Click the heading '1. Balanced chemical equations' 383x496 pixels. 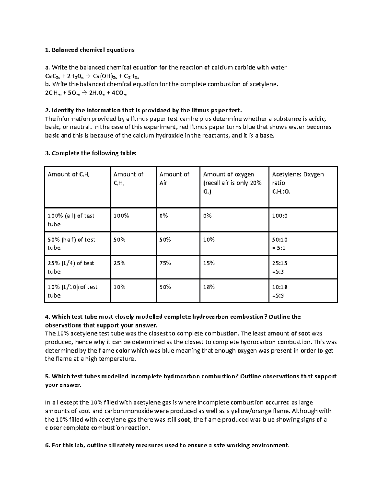coord(90,50)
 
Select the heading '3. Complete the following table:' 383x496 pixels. coord(91,153)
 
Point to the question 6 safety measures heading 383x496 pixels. coord(167,445)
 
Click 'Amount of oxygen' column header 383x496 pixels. coord(229,174)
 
